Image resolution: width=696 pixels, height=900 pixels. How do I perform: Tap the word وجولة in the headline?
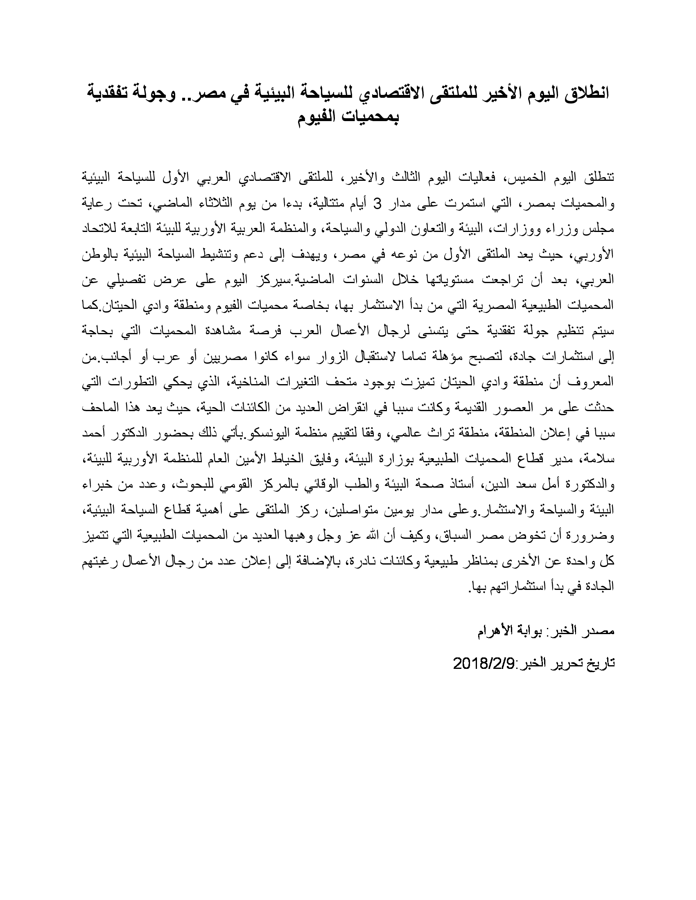154,93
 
